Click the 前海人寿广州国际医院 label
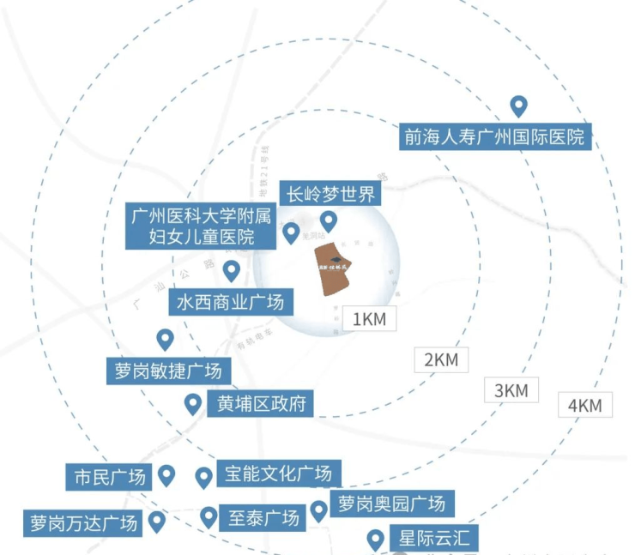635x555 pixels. pos(498,136)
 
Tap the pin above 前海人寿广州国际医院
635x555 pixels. pos(518,106)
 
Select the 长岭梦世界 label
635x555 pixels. pos(330,194)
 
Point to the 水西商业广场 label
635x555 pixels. pos(229,302)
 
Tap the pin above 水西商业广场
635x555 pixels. pos(231,271)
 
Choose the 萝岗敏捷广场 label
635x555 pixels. pos(168,371)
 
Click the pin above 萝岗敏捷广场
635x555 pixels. pos(165,340)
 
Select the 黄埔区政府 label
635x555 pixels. pos(260,403)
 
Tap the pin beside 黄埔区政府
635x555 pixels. pos(193,403)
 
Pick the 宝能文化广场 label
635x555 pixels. pos(278,474)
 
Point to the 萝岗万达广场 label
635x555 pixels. pos(82,522)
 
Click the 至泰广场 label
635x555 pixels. pos(263,518)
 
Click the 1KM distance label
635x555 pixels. pos(371,319)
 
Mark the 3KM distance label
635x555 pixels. pos(511,390)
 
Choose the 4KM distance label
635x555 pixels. pos(585,405)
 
